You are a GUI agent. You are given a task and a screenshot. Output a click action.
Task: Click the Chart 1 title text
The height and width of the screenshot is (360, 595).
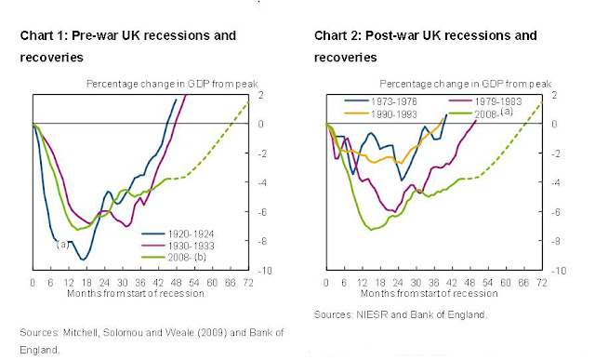point(127,35)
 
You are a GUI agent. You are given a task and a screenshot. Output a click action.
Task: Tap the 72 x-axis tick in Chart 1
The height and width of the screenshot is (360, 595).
point(246,282)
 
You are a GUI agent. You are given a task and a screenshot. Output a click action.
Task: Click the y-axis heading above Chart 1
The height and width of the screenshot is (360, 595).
point(165,83)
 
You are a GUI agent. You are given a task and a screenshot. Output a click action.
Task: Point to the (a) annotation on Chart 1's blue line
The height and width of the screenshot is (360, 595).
point(63,244)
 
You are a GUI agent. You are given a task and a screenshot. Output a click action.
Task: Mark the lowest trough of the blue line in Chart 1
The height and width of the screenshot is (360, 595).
point(84,259)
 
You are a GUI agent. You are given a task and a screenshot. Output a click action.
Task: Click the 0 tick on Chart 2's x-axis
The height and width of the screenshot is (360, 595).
point(326,282)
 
